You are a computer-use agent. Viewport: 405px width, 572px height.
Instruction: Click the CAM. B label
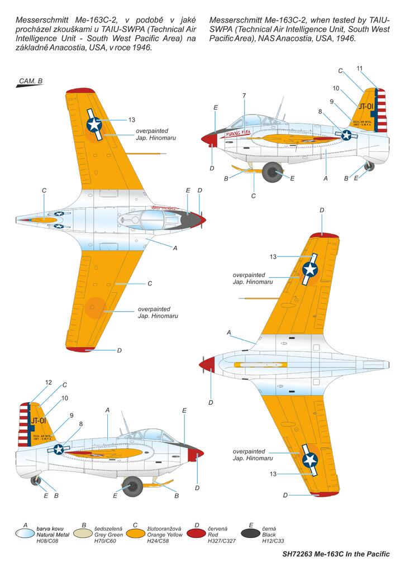31,81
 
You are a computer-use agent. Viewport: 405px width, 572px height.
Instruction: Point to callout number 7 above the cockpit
244,96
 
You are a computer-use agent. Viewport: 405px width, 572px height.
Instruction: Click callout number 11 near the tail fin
360,68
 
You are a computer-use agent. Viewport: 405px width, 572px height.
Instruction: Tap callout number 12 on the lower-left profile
49,383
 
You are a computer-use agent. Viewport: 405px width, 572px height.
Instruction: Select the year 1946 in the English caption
344,39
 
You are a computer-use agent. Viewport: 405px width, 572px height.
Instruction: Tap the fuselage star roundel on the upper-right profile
347,135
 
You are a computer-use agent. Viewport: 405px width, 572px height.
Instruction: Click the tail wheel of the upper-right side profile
369,166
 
